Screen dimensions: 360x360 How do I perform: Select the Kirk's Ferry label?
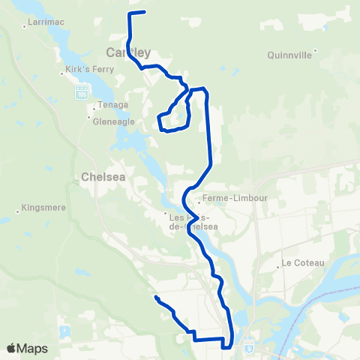[84, 73]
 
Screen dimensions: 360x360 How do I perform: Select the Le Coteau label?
[301, 263]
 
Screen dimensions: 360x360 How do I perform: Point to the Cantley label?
[129, 52]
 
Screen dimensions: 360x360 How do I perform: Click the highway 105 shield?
[82, 92]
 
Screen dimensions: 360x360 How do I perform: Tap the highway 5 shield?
[249, 346]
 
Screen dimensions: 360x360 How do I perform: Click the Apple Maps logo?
[27, 349]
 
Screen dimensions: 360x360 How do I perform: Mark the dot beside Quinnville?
[316, 51]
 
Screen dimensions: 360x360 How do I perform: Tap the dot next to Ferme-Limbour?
[199, 200]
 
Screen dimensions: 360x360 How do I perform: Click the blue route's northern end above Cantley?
[143, 13]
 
